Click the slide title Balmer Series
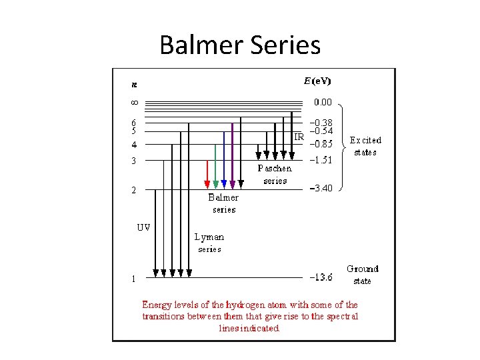click(240, 45)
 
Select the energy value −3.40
click(320, 189)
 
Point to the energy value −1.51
click(320, 160)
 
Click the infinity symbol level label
click(133, 103)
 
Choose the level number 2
click(133, 190)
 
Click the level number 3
click(133, 161)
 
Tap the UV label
click(143, 227)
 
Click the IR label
click(299, 137)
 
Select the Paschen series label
click(275, 175)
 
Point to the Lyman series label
click(209, 243)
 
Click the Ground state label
click(362, 274)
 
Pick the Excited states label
click(365, 146)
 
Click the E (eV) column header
click(317, 81)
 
